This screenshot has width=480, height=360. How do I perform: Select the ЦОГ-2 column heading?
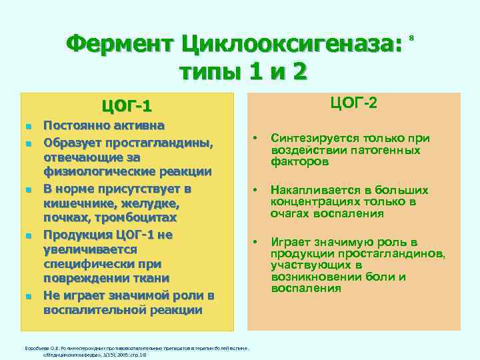click(x=353, y=103)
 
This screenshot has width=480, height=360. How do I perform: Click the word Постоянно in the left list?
click(x=74, y=125)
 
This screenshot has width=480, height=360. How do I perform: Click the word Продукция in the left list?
click(x=75, y=234)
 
